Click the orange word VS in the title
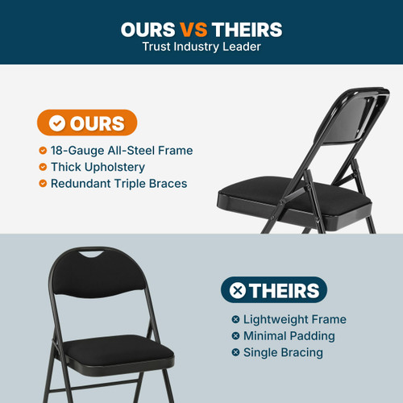point(193,30)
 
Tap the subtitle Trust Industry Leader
point(201,46)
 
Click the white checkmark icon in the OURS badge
point(56,123)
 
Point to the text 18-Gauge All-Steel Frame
point(122,151)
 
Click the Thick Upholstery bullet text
point(98,167)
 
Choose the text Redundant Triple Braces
point(118,183)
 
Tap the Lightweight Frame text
point(294,320)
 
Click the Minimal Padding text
point(289,336)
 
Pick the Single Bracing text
point(283,352)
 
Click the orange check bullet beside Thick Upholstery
point(43,167)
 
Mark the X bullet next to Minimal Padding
point(235,336)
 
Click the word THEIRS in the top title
point(247,30)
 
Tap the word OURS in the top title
point(149,30)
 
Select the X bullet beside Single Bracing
point(235,352)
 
